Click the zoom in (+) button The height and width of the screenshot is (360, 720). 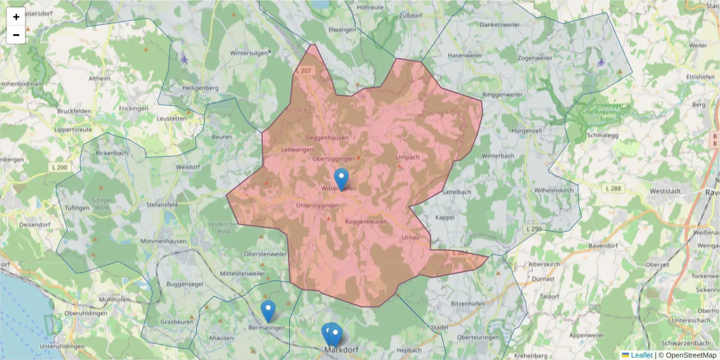[16, 17]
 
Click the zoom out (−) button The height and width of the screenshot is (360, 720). [16, 35]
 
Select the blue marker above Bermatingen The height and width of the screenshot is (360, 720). [268, 311]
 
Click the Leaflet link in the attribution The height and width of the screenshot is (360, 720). [641, 355]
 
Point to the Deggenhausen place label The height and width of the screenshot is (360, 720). [326, 137]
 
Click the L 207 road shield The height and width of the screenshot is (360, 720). [304, 71]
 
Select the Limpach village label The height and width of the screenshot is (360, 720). [407, 157]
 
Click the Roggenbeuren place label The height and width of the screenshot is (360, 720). [367, 221]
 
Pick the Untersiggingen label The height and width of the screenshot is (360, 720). [317, 205]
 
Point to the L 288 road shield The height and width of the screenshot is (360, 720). [613, 188]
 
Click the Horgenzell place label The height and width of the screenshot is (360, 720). [527, 130]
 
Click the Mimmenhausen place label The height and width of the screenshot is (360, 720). [164, 241]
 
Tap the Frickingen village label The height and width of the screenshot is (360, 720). [133, 109]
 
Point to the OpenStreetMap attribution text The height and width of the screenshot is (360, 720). [690, 355]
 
